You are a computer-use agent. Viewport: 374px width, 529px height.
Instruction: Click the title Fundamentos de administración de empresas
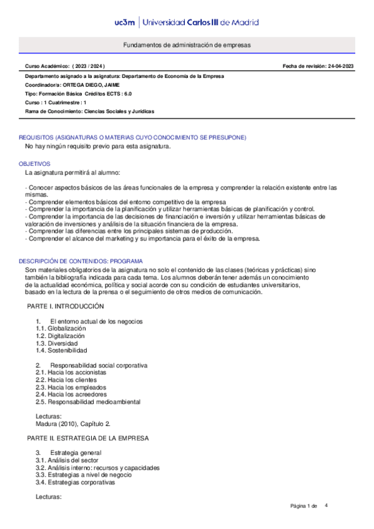[x=187, y=46]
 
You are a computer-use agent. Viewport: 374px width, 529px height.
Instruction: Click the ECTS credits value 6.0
[x=128, y=94]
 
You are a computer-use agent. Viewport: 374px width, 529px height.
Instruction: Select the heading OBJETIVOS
[x=35, y=163]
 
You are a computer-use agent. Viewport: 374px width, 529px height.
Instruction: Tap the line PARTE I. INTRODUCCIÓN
[x=65, y=306]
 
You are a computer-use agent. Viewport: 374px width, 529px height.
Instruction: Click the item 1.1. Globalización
[x=61, y=328]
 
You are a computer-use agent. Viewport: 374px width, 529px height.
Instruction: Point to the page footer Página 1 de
[x=304, y=505]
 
